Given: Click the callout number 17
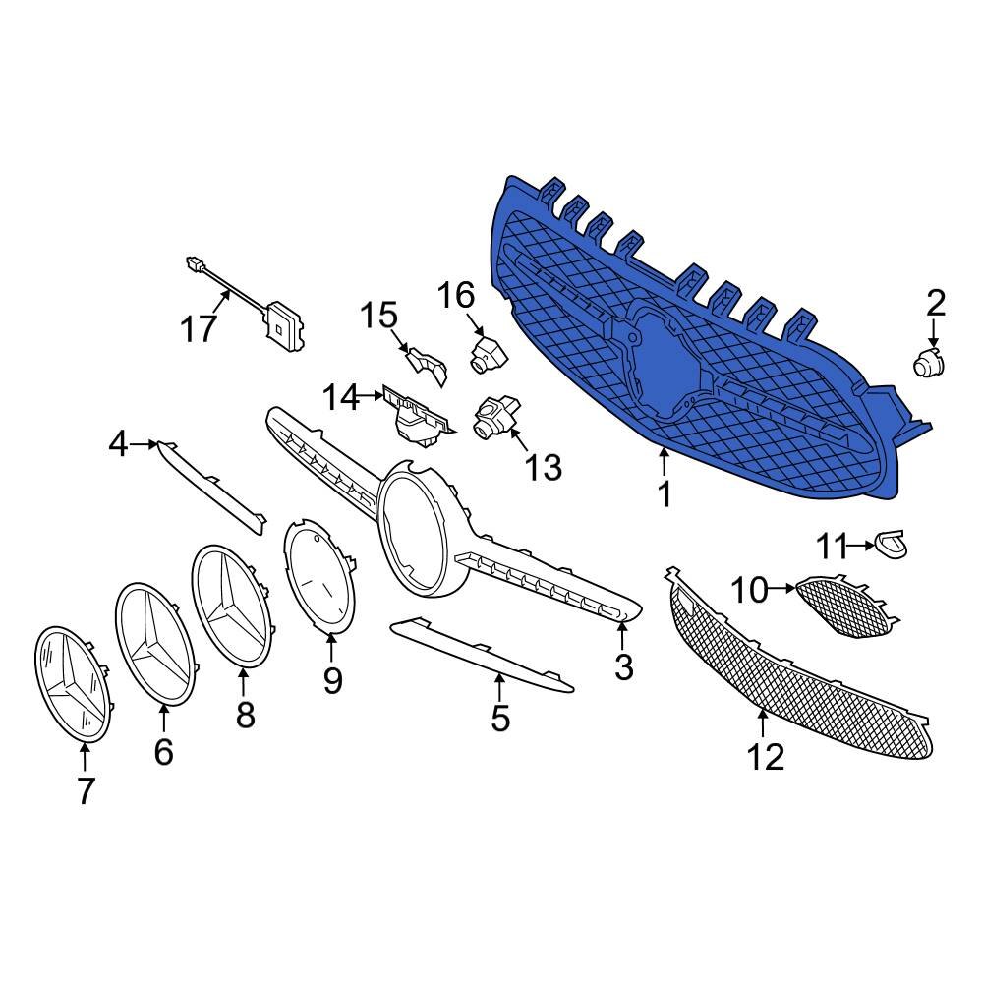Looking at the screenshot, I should pos(199,327).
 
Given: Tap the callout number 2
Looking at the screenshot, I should pos(935,303).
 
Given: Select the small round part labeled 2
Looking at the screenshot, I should pos(927,363).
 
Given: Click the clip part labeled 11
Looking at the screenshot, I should pos(892,542).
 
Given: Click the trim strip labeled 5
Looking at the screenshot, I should pos(482,656).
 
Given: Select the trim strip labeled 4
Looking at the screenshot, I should pos(212,486).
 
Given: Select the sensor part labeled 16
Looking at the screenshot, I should pos(487,353).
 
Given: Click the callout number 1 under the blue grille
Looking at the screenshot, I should pos(665,493).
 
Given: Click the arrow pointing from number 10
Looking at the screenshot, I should pos(782,589).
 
